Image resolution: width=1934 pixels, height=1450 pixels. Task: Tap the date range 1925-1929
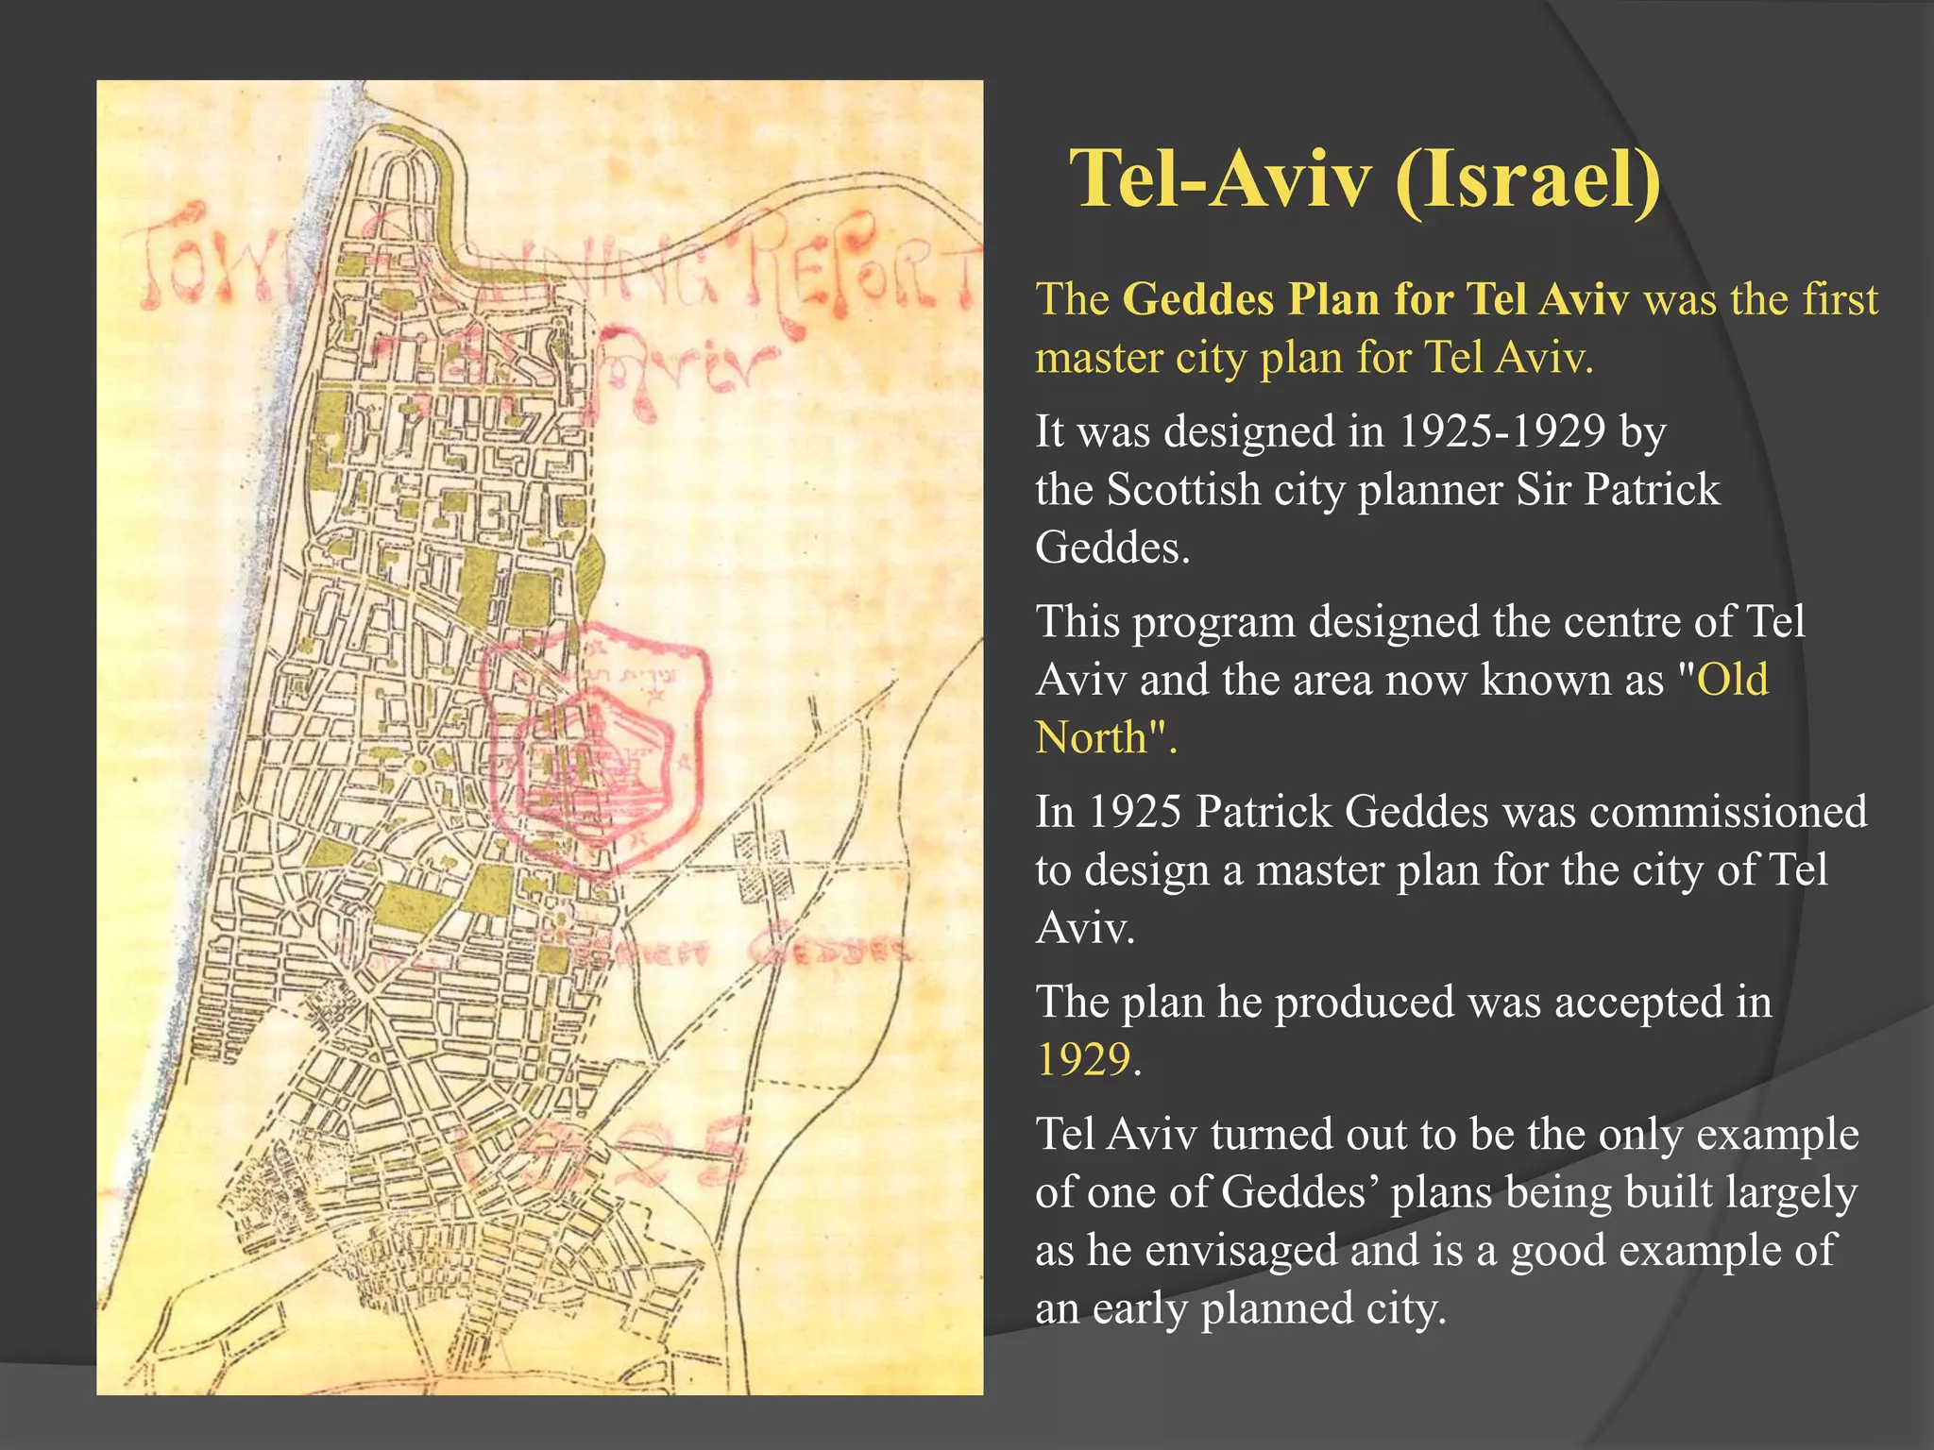(x=1501, y=432)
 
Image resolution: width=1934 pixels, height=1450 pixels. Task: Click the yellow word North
(x=1092, y=738)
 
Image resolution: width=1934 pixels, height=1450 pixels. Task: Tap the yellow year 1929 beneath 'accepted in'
(x=1083, y=1060)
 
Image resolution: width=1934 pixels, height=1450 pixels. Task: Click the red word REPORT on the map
(x=859, y=269)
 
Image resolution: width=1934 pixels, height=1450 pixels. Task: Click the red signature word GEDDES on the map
(x=831, y=951)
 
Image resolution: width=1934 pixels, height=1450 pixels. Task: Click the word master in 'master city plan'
(x=1097, y=359)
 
